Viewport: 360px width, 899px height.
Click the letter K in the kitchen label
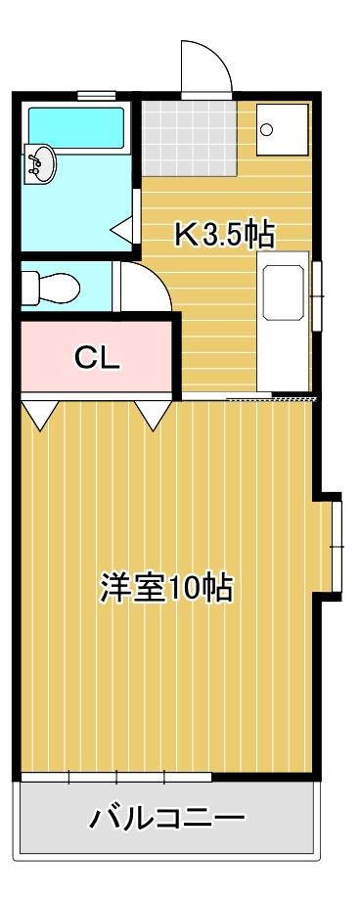click(184, 235)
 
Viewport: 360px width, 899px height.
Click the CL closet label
click(98, 359)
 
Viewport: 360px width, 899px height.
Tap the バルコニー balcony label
click(167, 818)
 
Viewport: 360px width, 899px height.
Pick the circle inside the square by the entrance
click(269, 129)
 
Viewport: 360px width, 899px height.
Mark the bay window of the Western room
click(336, 544)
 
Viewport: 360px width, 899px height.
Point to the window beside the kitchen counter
click(316, 293)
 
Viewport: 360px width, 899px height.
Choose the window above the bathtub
click(96, 96)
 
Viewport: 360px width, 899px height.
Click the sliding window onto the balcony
click(115, 777)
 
